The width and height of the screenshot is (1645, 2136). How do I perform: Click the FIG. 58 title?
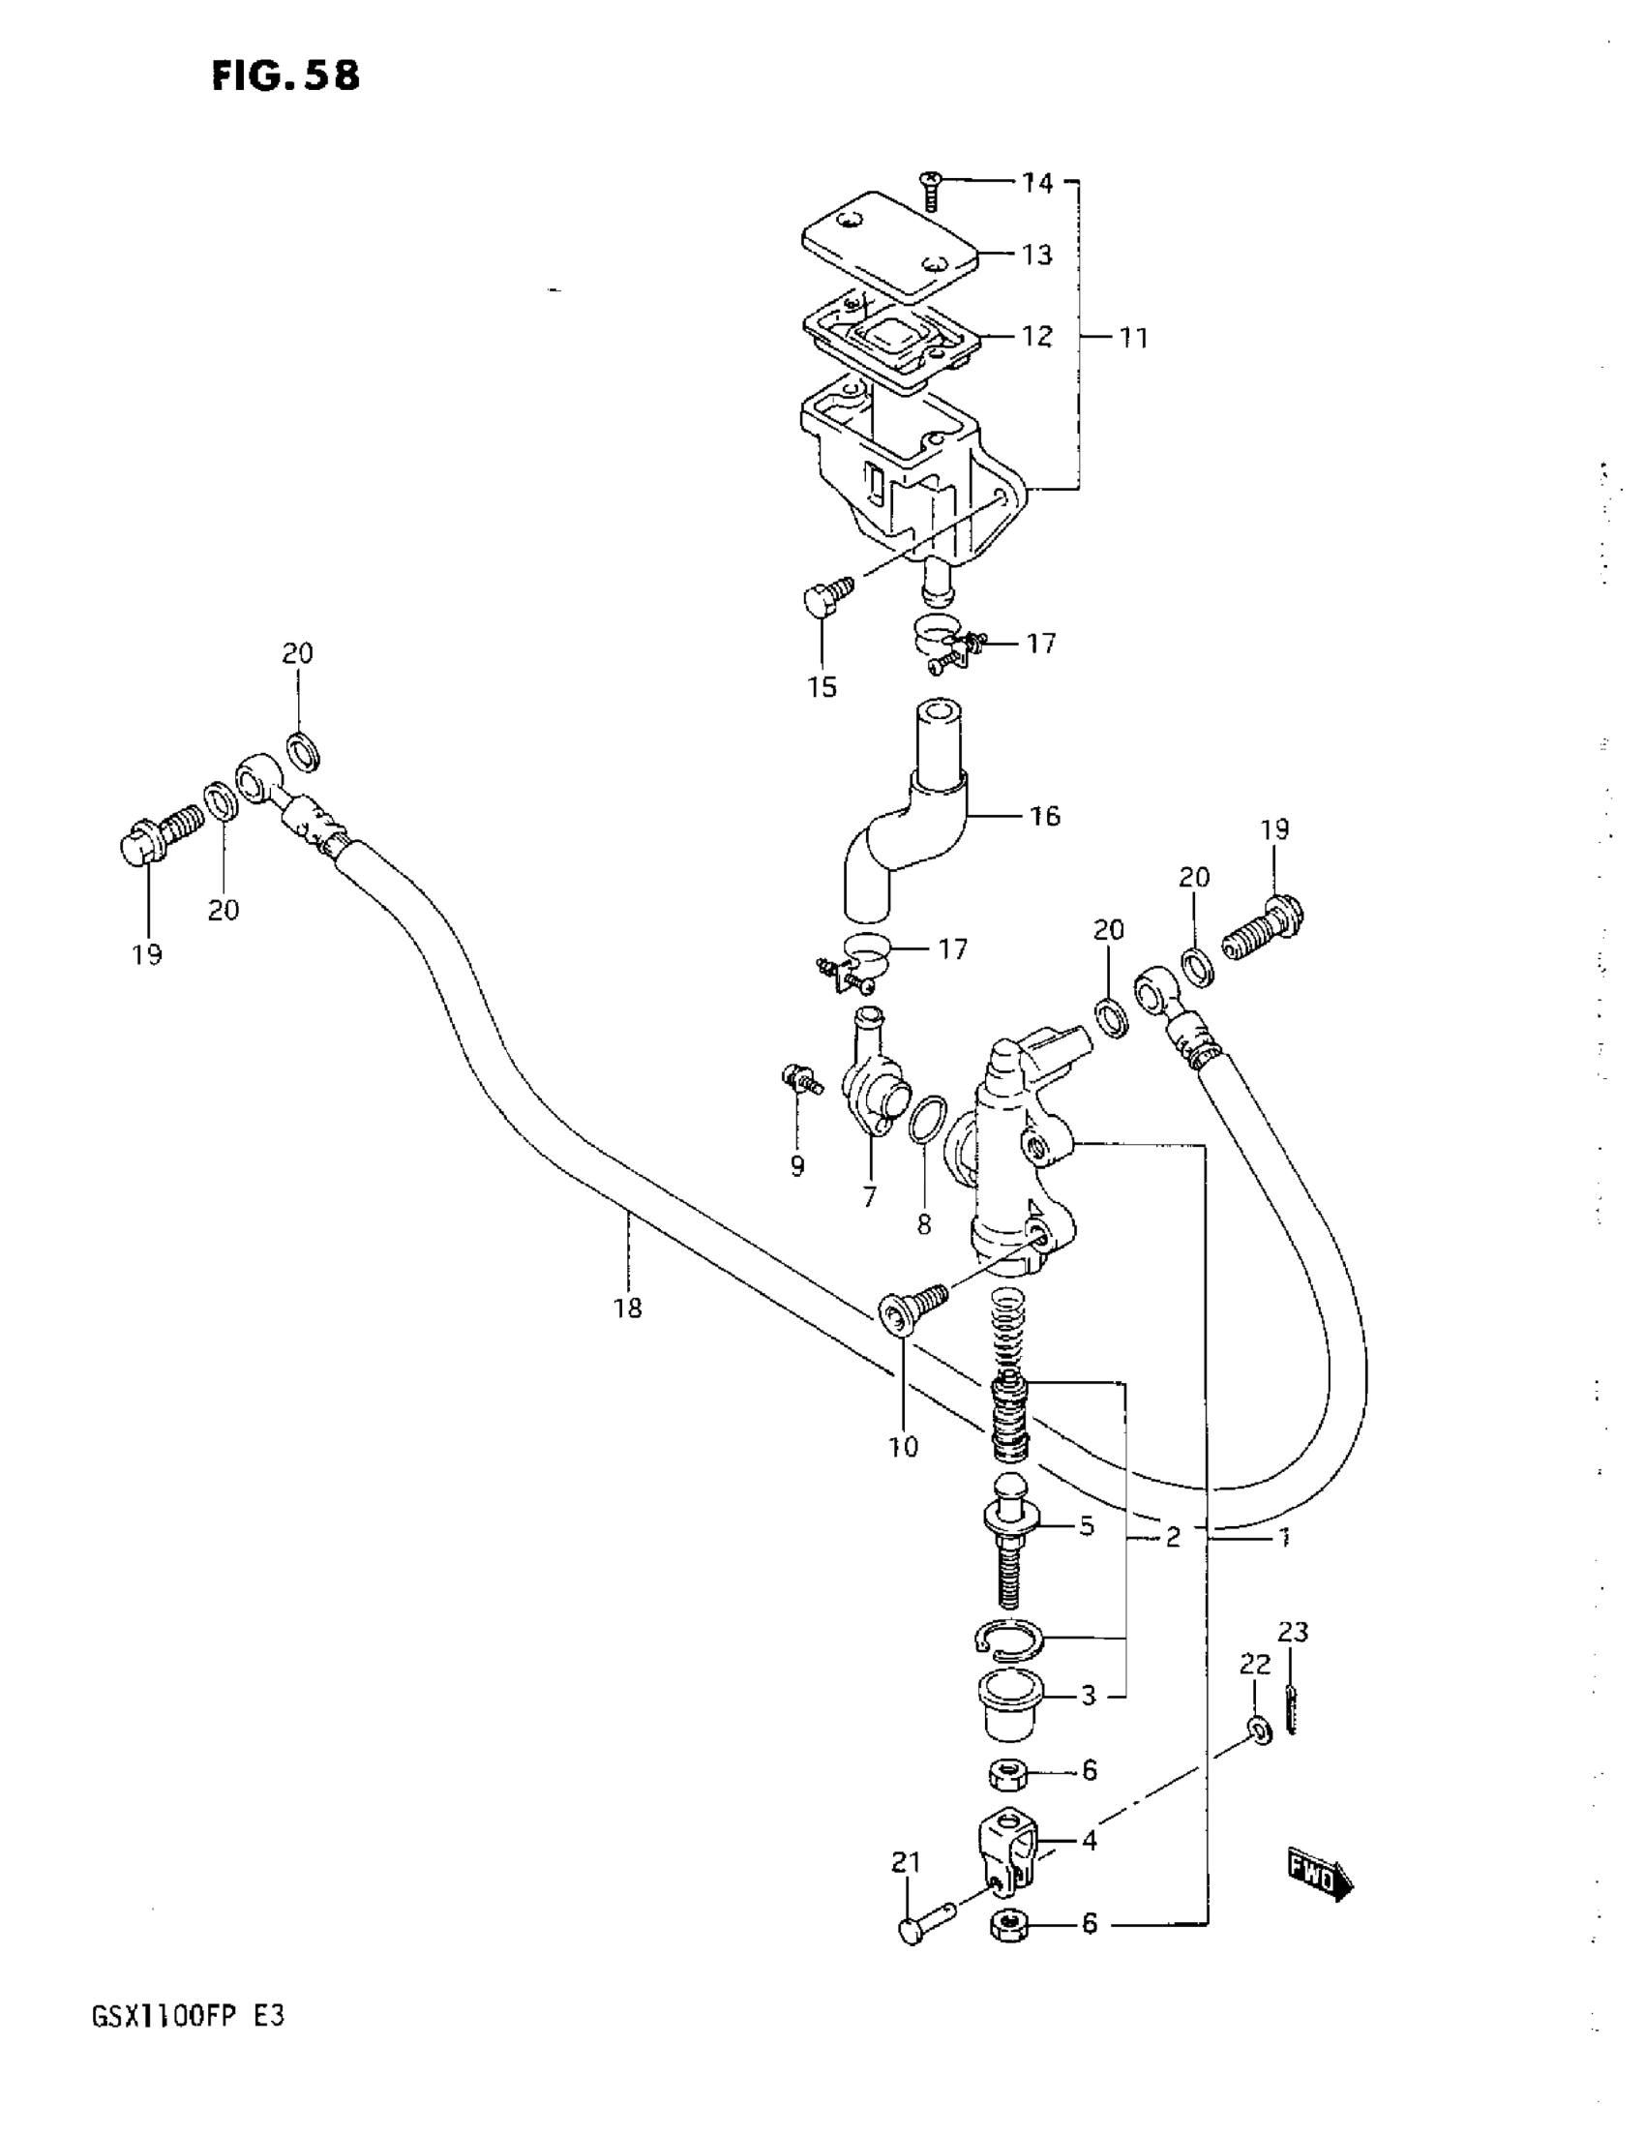click(x=285, y=75)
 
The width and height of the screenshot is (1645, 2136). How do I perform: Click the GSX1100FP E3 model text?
click(x=188, y=2016)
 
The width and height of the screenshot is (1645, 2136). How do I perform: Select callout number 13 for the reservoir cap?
click(x=1036, y=256)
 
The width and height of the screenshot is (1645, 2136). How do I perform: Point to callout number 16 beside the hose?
click(x=1044, y=816)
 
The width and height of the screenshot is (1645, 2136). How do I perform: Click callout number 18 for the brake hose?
click(x=628, y=1308)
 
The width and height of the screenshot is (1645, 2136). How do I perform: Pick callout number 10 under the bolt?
click(x=903, y=1447)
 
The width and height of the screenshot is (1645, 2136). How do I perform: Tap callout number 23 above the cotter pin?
click(x=1293, y=1632)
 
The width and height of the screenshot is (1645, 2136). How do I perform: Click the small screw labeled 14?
click(x=930, y=190)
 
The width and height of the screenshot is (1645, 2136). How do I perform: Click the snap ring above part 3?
click(x=1009, y=1640)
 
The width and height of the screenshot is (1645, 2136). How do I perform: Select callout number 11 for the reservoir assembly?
click(x=1132, y=339)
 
